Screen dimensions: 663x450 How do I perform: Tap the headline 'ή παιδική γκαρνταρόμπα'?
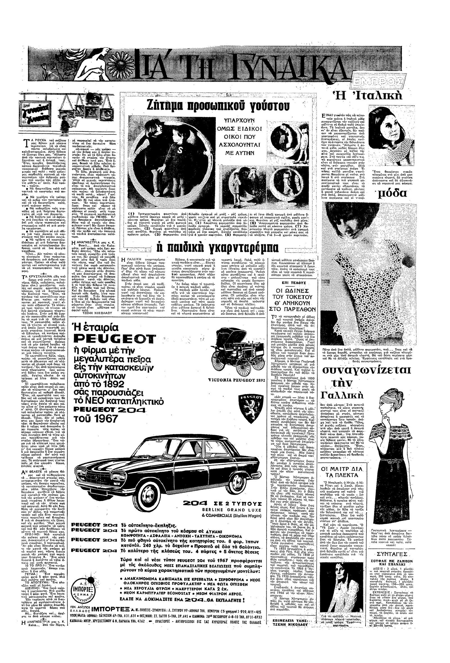(x=219, y=246)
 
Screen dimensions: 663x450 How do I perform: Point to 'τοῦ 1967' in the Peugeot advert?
(x=96, y=419)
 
